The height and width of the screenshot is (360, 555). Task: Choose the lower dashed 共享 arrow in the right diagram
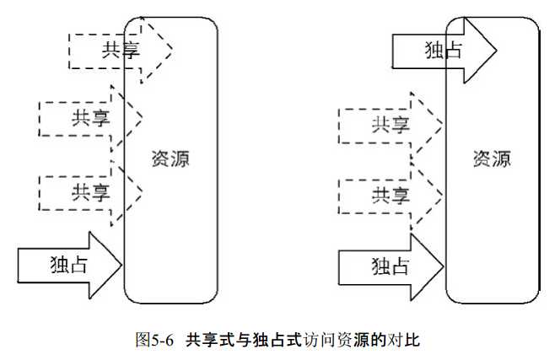click(391, 196)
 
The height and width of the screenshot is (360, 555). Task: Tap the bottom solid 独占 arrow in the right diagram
click(391, 266)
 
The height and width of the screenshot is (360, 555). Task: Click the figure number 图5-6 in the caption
click(154, 341)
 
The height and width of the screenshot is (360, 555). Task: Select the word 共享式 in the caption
click(207, 341)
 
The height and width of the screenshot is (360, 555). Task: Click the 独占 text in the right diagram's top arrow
click(443, 49)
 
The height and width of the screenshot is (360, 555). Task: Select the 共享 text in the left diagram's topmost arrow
click(121, 49)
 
